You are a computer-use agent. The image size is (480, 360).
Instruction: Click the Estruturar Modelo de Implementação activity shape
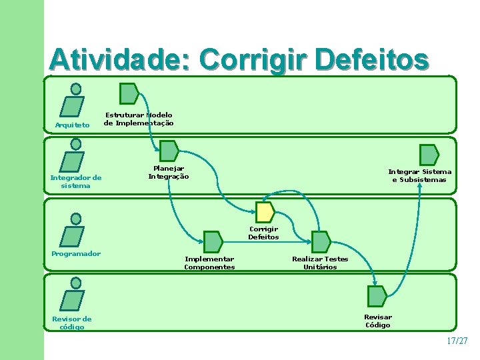click(x=128, y=93)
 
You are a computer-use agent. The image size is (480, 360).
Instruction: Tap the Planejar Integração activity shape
click(x=169, y=151)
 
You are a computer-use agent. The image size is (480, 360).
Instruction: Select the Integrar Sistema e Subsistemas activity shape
click(x=429, y=155)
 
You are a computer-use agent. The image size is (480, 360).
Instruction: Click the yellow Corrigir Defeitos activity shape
click(x=265, y=212)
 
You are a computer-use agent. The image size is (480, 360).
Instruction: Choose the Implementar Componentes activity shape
click(x=213, y=241)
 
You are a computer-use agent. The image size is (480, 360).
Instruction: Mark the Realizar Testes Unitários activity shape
click(x=321, y=241)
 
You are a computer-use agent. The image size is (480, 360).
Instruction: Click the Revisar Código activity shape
click(x=377, y=296)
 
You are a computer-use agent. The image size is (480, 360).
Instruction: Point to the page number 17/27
click(x=457, y=341)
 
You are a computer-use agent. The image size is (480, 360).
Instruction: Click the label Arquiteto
click(x=72, y=125)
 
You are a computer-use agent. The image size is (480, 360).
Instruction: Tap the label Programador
click(x=76, y=253)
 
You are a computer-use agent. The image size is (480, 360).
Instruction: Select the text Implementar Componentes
click(x=209, y=263)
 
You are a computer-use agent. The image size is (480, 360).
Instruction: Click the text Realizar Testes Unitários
click(x=320, y=263)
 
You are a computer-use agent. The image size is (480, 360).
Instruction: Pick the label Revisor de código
click(x=72, y=323)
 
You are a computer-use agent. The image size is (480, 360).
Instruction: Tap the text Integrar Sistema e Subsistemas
click(x=420, y=175)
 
